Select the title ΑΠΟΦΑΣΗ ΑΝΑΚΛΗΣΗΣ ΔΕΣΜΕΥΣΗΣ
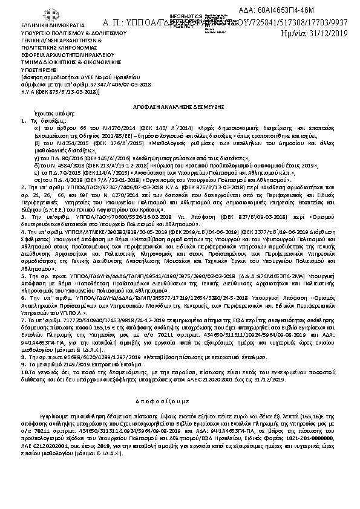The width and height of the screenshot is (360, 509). point(179,105)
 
